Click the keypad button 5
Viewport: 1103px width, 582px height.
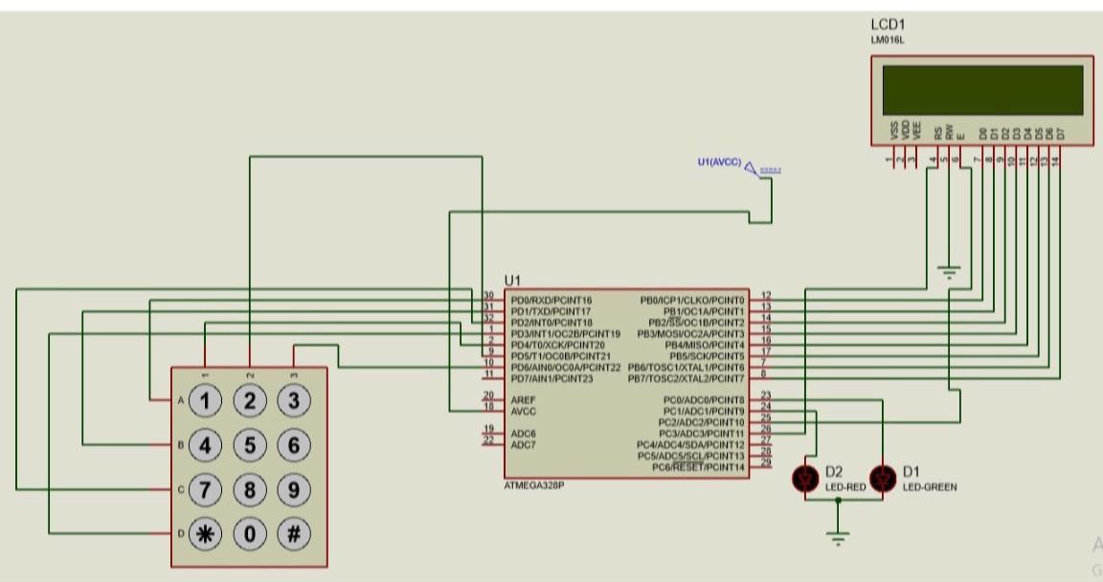point(250,445)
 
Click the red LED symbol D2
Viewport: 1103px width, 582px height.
point(805,479)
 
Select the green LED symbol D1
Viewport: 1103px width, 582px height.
point(883,479)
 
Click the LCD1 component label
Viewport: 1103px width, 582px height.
point(888,24)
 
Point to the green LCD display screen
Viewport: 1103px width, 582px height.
point(981,89)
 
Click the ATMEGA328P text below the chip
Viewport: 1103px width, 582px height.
point(533,485)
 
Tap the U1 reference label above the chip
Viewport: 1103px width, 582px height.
point(512,280)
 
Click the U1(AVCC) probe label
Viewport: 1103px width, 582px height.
point(719,163)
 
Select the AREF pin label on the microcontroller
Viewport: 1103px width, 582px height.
point(523,399)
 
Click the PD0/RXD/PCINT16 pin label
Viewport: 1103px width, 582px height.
point(551,300)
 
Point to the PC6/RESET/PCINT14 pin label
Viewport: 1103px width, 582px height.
point(698,467)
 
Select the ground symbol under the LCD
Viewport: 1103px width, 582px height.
point(950,272)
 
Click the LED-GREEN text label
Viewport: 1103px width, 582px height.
point(929,487)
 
